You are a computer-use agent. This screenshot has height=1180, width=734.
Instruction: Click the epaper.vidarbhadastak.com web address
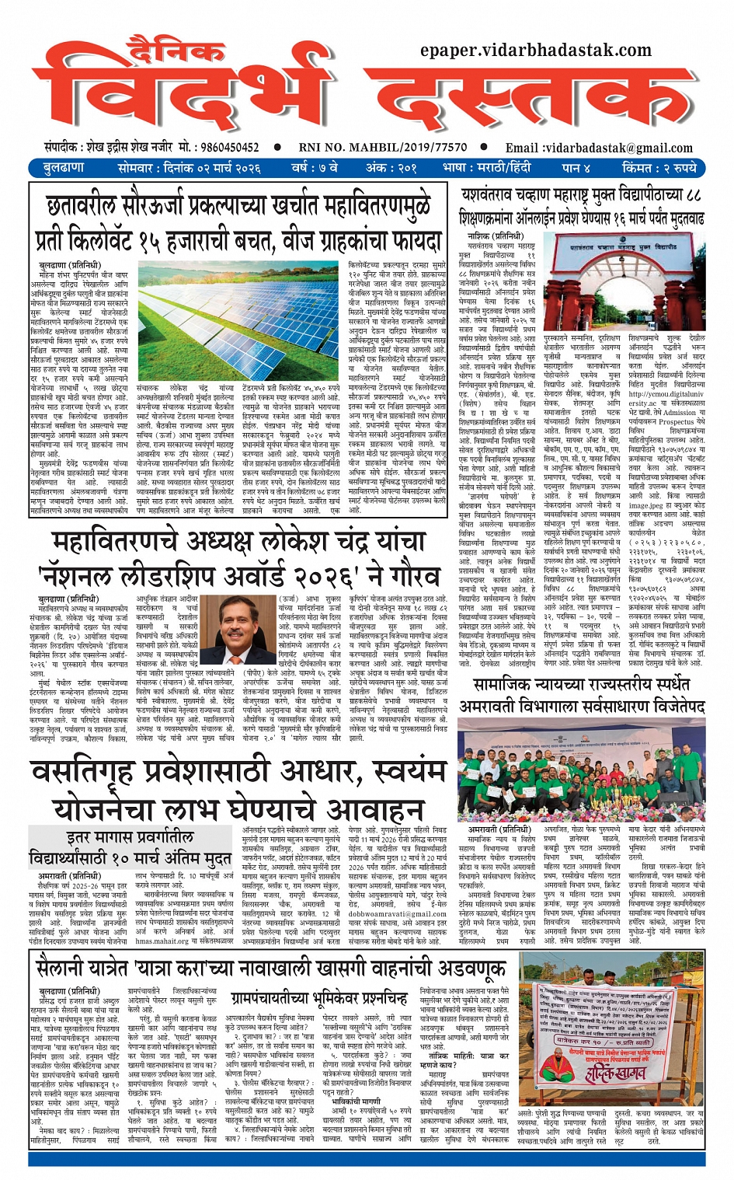click(535, 51)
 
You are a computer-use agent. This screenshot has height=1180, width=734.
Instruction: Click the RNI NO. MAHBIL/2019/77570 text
click(382, 147)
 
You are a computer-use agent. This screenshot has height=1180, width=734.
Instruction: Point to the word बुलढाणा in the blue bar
click(64, 168)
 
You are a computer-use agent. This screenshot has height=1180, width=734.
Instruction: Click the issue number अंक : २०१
click(391, 168)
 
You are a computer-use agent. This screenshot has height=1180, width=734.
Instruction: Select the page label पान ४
click(576, 168)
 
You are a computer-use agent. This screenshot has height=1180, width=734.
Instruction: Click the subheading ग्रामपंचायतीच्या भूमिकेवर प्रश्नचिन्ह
click(319, 998)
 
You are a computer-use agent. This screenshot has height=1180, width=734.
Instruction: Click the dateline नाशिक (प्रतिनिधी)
click(495, 236)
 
